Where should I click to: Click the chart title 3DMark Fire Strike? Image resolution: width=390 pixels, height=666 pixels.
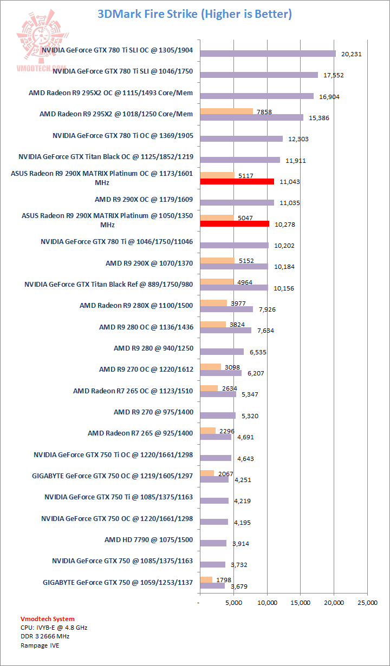(x=194, y=14)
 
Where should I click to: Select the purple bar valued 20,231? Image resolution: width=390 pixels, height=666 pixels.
(x=268, y=54)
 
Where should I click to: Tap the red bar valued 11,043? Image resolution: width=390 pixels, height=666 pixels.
(x=237, y=182)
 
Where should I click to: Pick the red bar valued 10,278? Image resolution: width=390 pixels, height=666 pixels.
(x=234, y=224)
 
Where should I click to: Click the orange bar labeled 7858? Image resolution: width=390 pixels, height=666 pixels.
(x=226, y=111)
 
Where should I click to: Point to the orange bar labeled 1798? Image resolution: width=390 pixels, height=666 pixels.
(x=206, y=579)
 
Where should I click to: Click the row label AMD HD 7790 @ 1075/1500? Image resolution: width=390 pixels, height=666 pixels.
(x=148, y=539)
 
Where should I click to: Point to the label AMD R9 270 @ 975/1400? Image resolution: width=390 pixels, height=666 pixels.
(x=153, y=412)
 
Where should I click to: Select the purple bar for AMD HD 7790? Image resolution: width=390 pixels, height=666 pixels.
(x=213, y=543)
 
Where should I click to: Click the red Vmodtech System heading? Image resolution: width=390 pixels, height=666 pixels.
(x=48, y=618)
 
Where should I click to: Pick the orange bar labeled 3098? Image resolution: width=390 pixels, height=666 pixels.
(x=210, y=367)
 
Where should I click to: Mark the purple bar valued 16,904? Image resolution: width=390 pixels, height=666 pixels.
(x=256, y=96)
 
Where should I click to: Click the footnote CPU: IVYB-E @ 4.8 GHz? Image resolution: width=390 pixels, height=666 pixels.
(x=54, y=628)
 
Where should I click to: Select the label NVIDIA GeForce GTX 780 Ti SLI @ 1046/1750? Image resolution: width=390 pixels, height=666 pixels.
(x=123, y=71)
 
